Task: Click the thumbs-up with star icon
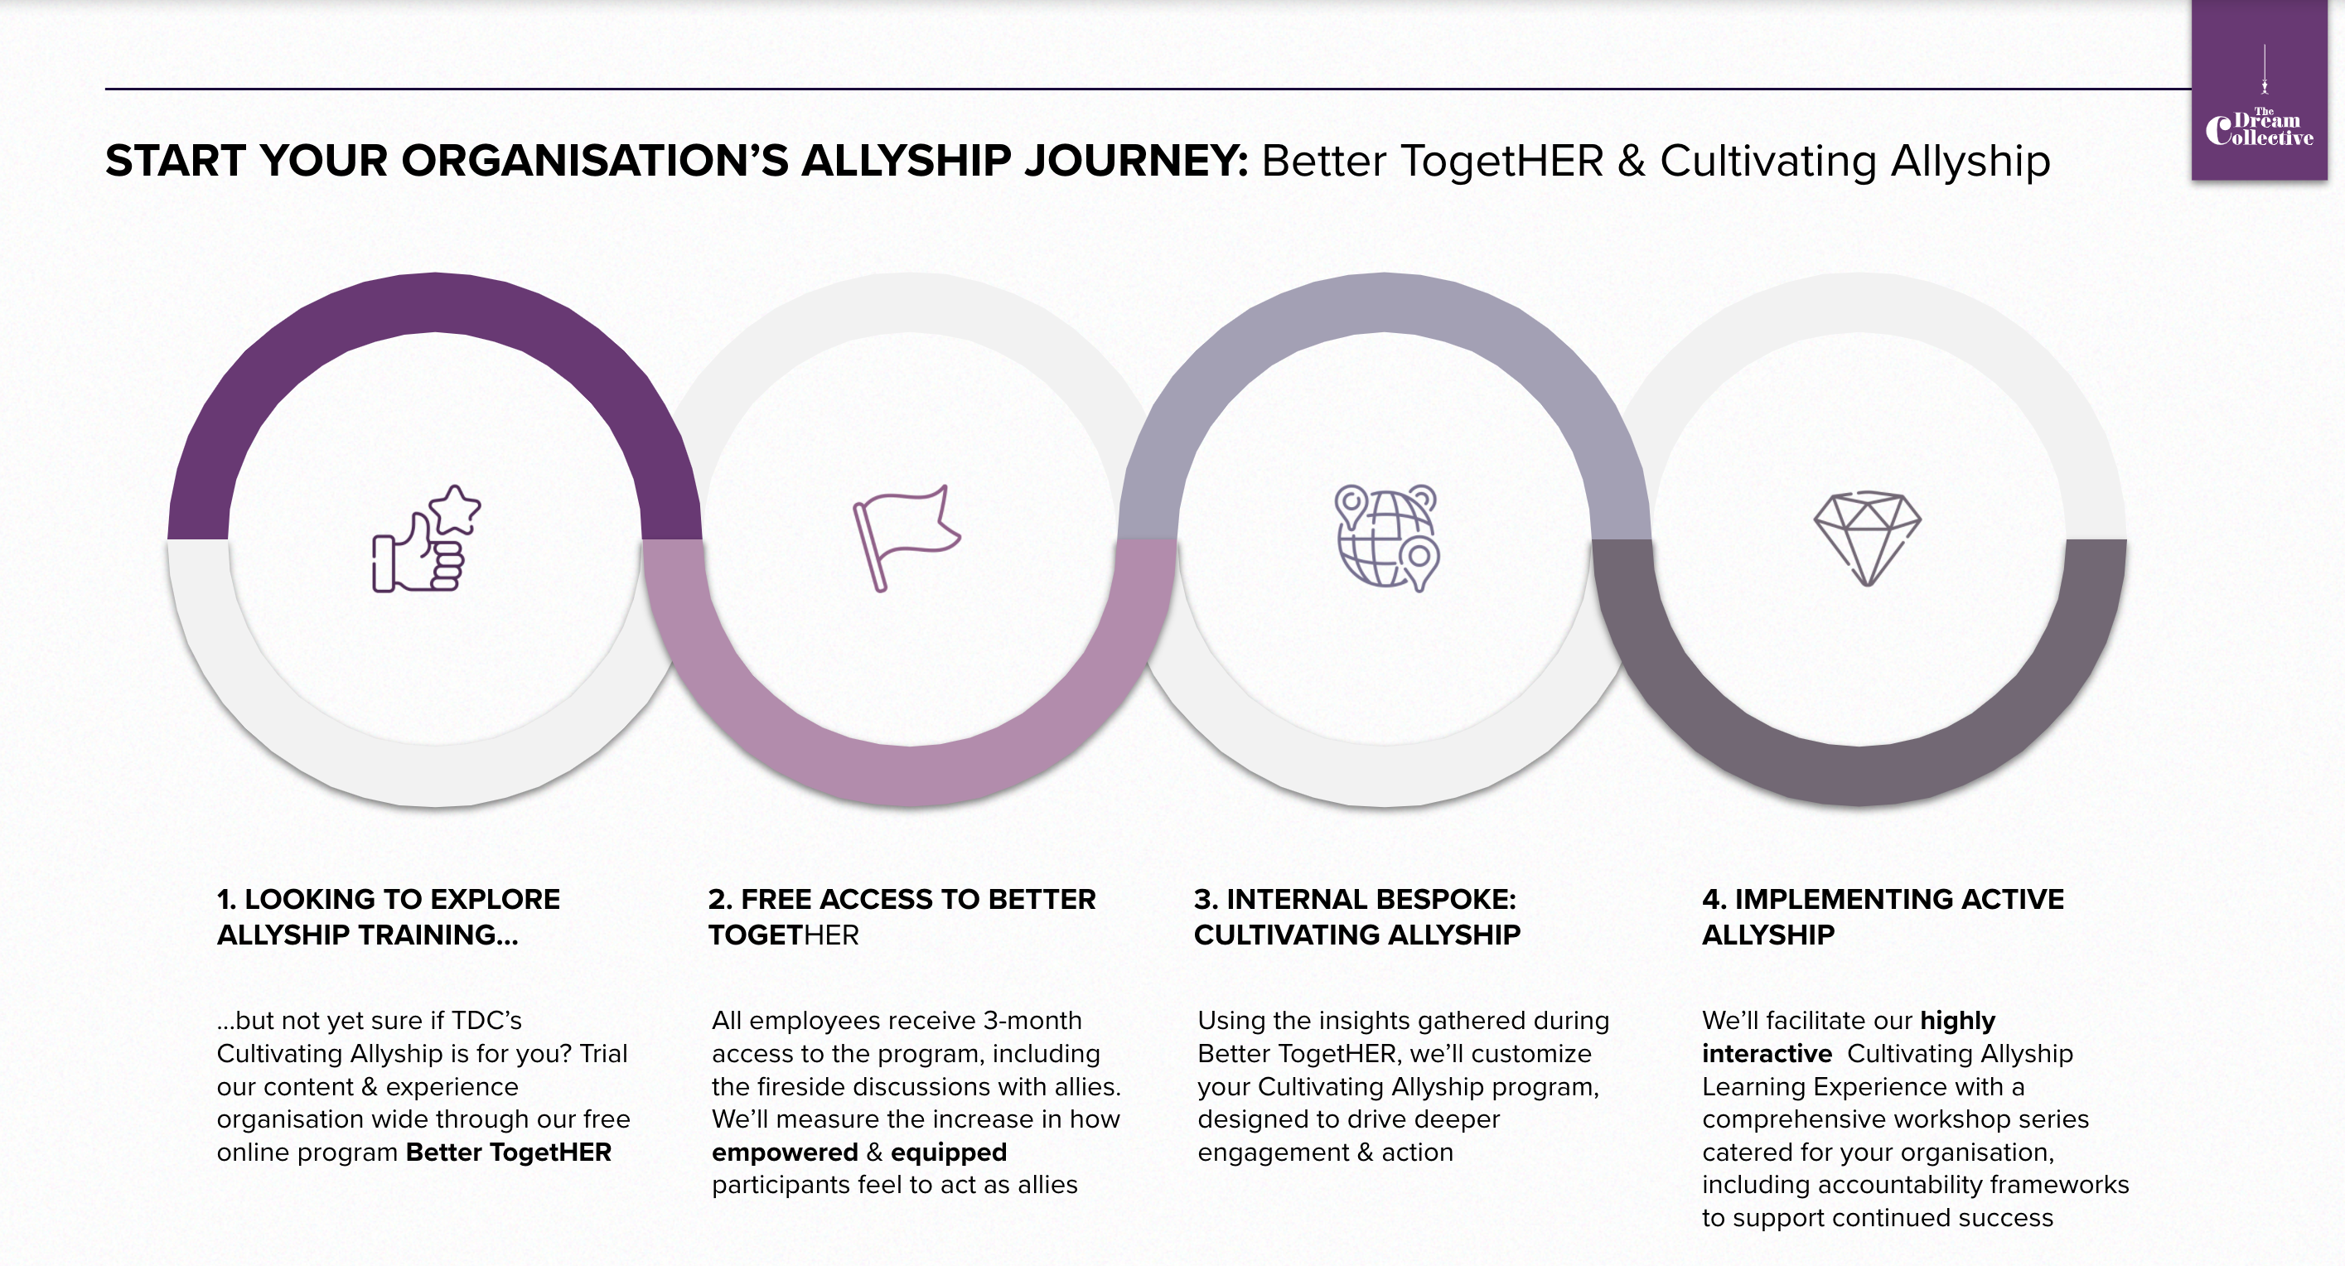(x=426, y=539)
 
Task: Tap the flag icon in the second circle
(x=906, y=538)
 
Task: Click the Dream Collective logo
(x=2260, y=90)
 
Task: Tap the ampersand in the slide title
(x=1632, y=161)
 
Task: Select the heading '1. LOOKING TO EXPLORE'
(x=389, y=899)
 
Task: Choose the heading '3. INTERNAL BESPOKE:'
(x=1356, y=899)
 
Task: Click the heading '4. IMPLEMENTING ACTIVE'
(x=1883, y=899)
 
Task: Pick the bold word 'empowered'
(x=785, y=1152)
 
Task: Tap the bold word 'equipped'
(x=949, y=1153)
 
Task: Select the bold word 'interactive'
(x=1767, y=1054)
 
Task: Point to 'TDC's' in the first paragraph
(x=487, y=1020)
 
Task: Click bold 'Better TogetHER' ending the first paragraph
(x=509, y=1152)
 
